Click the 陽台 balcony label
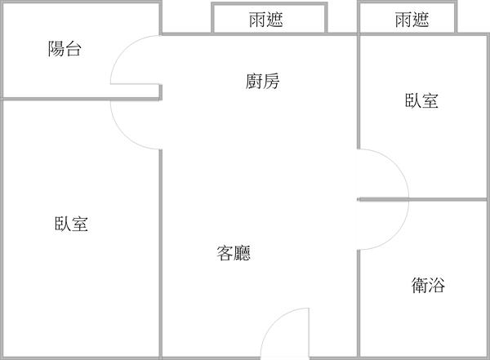click(x=65, y=50)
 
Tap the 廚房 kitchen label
click(x=261, y=81)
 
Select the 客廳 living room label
click(x=234, y=253)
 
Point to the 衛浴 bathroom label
click(x=428, y=285)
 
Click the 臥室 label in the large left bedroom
click(x=73, y=224)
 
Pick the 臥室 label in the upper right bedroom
click(x=421, y=100)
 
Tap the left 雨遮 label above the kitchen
click(x=266, y=20)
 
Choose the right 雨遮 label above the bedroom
click(x=412, y=20)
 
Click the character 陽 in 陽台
click(x=56, y=50)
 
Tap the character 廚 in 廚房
click(x=253, y=81)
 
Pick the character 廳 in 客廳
click(x=243, y=253)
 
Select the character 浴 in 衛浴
click(x=438, y=285)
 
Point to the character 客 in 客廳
click(x=225, y=253)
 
